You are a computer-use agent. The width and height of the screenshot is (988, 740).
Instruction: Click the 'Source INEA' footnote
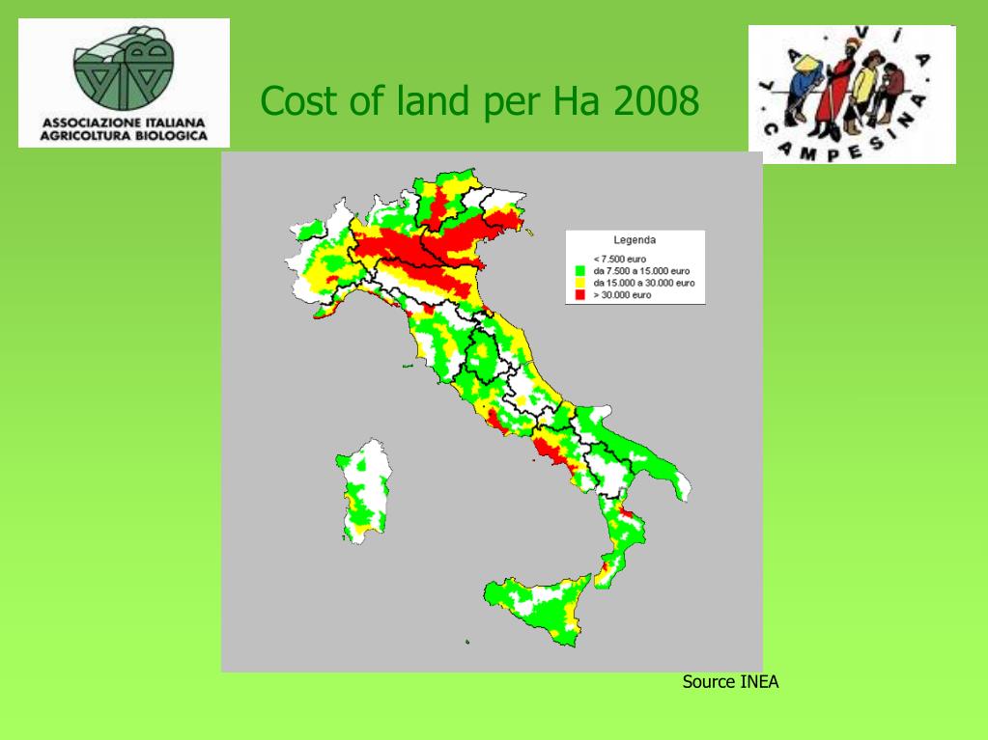pos(730,682)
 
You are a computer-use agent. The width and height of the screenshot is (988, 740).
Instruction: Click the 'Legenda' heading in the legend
pos(635,239)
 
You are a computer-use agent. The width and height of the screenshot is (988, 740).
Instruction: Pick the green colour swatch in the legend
pos(579,271)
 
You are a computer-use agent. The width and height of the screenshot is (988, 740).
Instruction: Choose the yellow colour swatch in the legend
pos(579,283)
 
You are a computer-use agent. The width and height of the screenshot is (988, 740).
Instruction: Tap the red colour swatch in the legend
pos(579,294)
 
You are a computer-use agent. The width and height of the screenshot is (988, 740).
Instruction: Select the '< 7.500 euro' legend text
pos(620,259)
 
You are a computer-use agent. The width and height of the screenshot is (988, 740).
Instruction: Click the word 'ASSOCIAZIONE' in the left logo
pos(87,123)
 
